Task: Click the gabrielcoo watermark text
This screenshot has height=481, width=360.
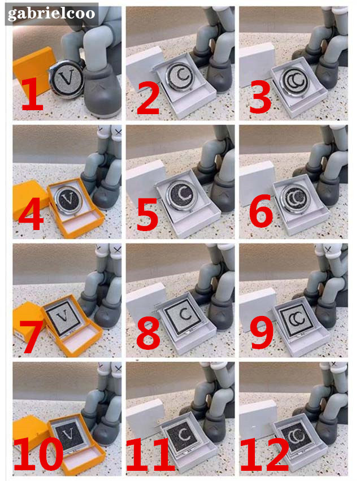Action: [51, 14]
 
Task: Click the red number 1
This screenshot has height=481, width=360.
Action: [33, 94]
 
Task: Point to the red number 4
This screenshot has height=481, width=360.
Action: [31, 214]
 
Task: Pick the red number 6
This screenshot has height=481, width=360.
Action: [261, 211]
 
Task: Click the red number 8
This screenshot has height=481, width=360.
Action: [148, 333]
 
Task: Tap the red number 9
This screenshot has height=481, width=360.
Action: [262, 332]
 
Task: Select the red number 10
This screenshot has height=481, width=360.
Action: [38, 453]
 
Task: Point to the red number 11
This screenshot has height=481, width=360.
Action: [150, 454]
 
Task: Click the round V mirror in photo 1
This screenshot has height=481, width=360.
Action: [67, 79]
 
